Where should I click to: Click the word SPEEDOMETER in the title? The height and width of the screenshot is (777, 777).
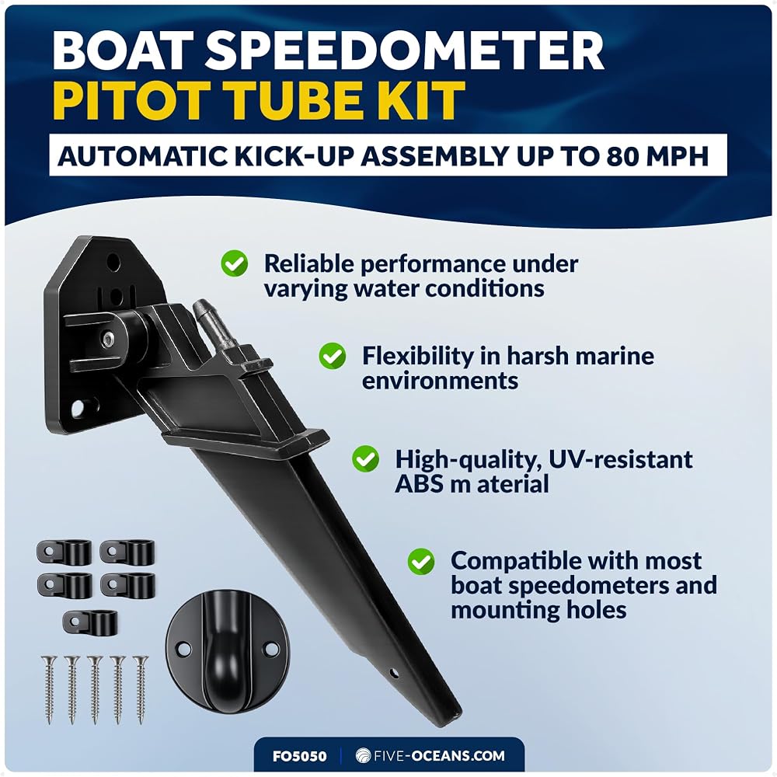click(404, 51)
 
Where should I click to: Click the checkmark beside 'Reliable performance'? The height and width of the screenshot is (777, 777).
click(235, 263)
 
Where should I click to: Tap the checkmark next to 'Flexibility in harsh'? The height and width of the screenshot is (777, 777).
click(332, 356)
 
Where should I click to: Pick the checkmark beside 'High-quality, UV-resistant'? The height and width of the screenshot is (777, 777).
click(366, 459)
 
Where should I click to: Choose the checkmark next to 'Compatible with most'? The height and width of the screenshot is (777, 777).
click(421, 562)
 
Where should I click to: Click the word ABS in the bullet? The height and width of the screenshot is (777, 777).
click(419, 484)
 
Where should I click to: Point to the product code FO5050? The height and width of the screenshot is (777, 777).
click(299, 756)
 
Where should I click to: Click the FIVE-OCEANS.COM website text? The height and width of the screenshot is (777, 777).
click(439, 756)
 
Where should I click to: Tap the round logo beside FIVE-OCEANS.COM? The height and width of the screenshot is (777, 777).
click(363, 756)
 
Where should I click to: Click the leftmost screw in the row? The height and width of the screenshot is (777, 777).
click(49, 689)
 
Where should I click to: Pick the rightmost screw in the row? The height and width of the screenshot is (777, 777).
click(140, 689)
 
